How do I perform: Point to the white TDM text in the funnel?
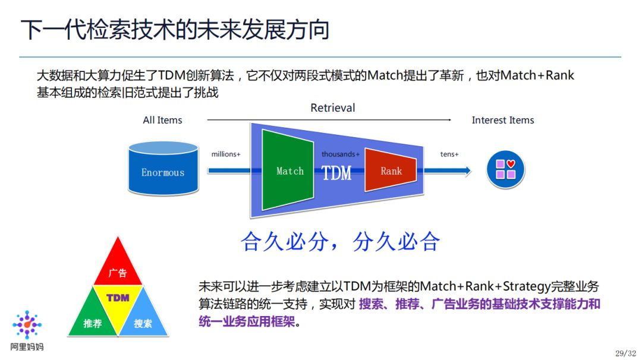[x=336, y=173]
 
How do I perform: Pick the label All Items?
[x=162, y=120]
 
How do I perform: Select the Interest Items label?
[x=502, y=120]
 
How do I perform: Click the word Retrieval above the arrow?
[x=332, y=108]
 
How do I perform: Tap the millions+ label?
[x=226, y=154]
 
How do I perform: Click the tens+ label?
[x=449, y=154]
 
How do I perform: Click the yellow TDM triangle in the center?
[x=118, y=300]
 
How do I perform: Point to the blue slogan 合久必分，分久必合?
[x=340, y=241]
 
